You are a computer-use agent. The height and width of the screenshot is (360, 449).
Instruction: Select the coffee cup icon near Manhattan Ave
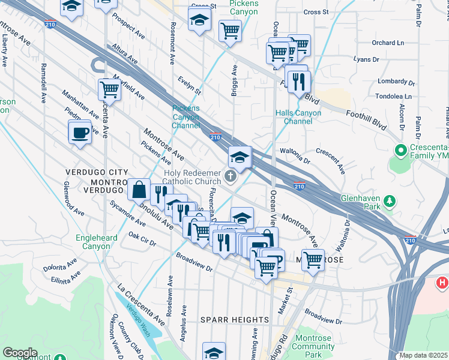coord(80,133)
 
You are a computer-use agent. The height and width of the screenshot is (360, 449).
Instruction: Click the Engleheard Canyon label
coord(93,242)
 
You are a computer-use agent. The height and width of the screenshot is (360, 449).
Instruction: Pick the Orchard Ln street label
coord(388,43)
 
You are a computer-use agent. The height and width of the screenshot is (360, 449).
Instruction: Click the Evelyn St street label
coord(189,84)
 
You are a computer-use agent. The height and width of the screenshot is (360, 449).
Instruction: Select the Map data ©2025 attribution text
coord(423,355)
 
